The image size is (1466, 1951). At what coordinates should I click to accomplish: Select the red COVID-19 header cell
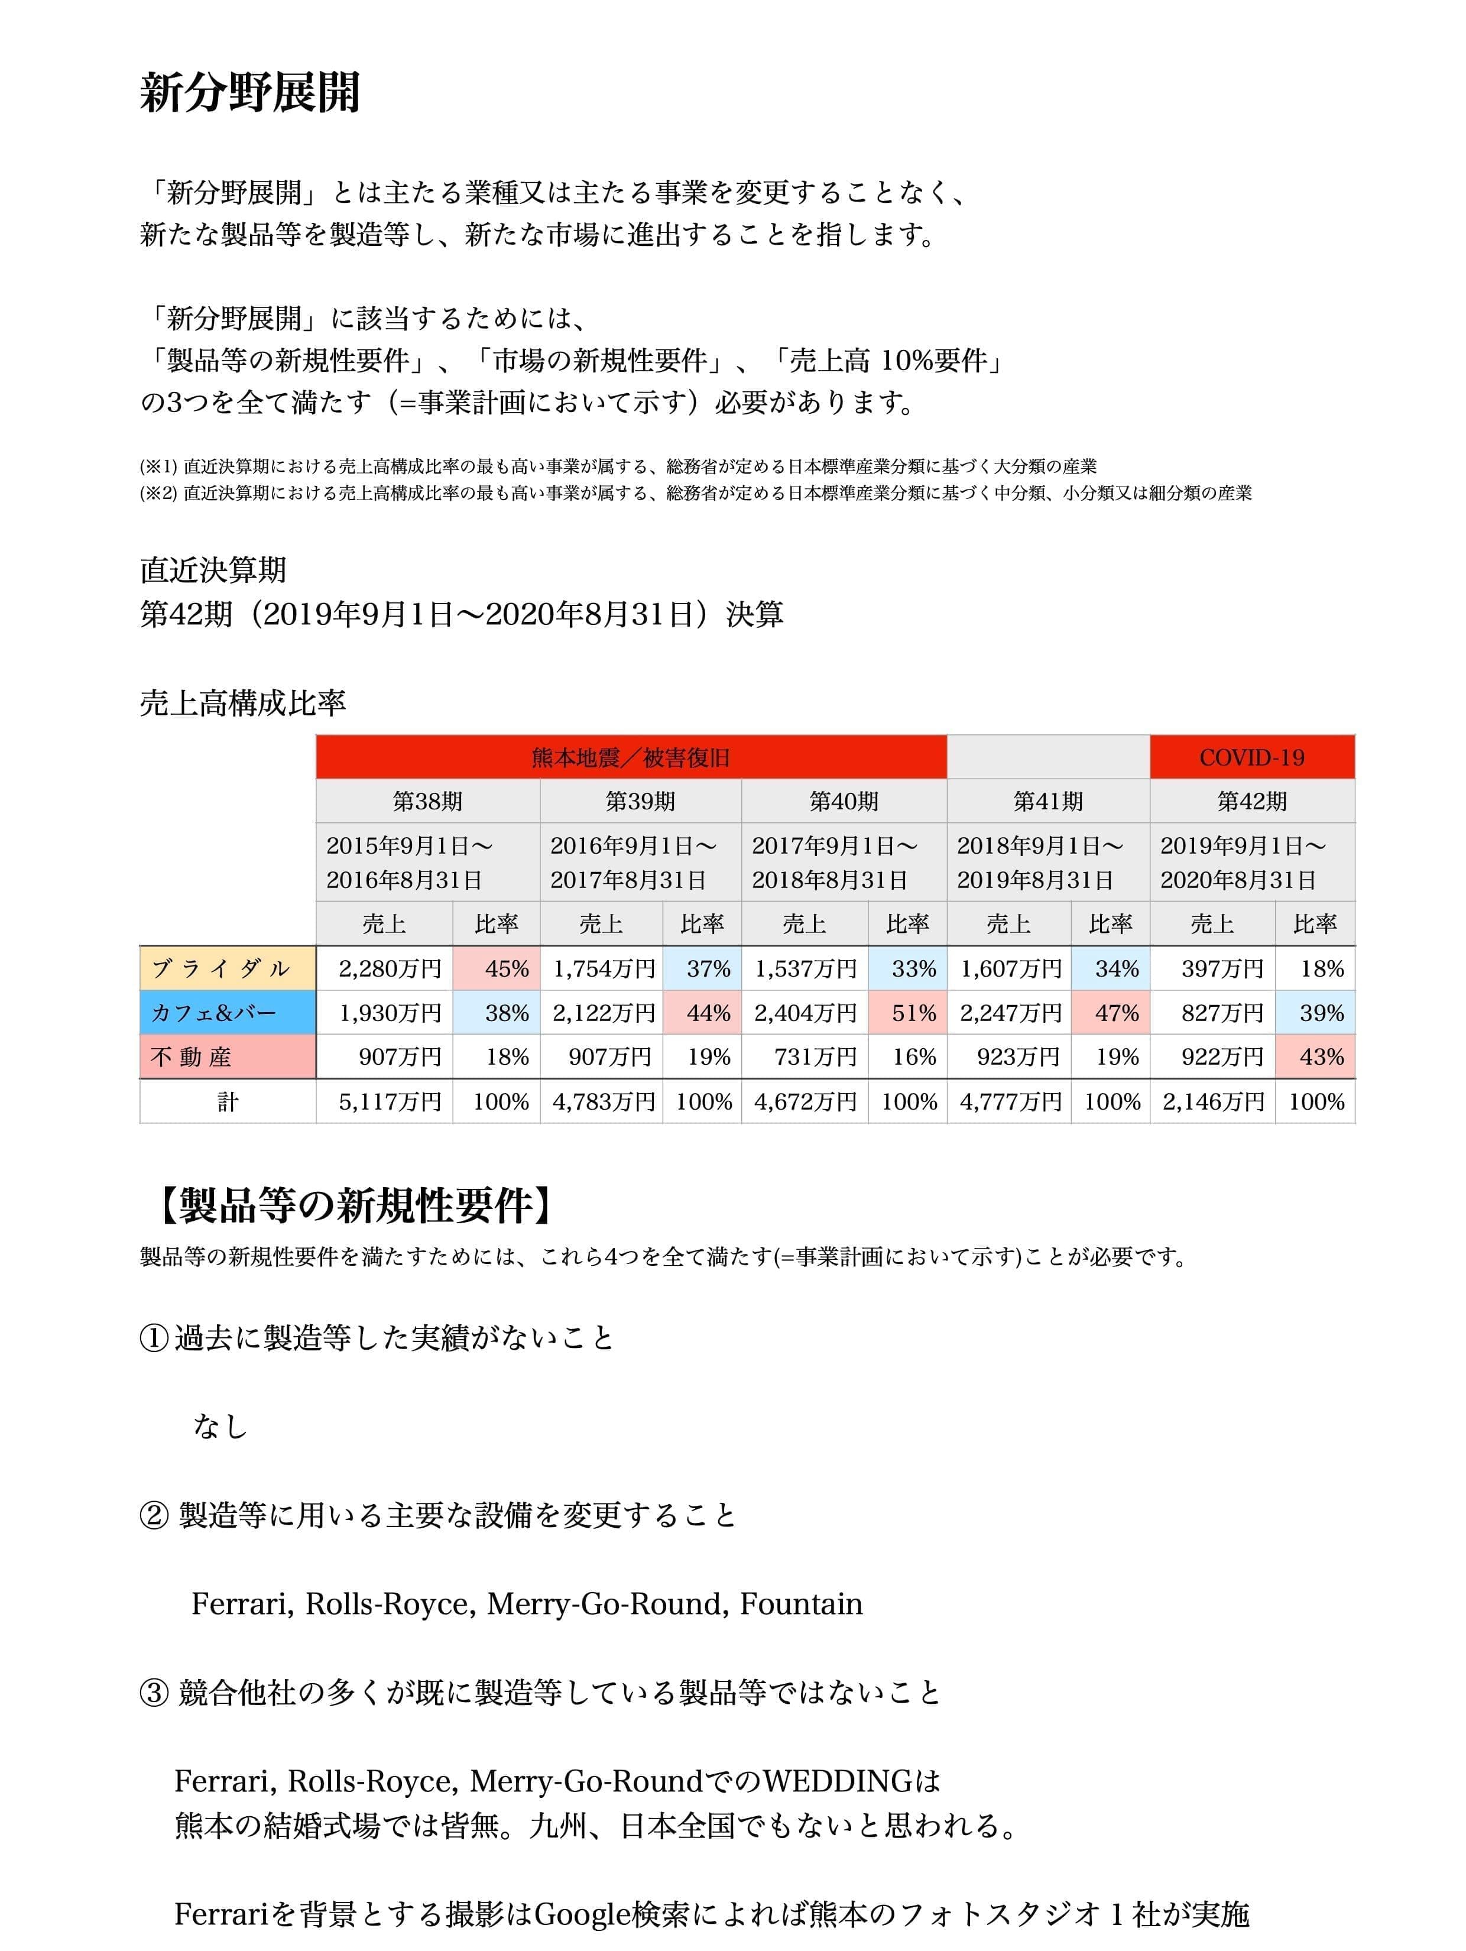1251,757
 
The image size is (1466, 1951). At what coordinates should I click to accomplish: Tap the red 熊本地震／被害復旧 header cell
631,757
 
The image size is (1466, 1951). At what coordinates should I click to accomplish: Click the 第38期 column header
428,801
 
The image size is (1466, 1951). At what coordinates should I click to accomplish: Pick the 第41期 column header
1048,801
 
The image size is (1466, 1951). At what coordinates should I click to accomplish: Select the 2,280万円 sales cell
389,968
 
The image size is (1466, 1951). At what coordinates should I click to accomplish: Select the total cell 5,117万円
389,1101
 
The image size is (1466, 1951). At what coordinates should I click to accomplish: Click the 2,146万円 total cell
1213,1101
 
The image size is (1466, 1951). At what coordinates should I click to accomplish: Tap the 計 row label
228,1101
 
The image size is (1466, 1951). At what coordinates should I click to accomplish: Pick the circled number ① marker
154,1338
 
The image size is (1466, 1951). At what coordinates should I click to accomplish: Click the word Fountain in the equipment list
801,1603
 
